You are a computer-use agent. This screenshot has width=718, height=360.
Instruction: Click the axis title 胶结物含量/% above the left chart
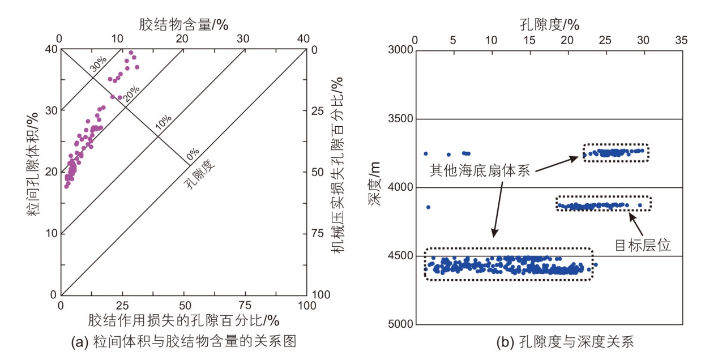(183, 24)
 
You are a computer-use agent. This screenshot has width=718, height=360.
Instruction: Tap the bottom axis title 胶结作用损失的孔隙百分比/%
(183, 320)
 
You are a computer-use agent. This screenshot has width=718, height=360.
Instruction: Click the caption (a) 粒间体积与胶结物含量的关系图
(185, 341)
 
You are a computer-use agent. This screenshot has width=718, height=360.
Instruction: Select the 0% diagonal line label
(193, 153)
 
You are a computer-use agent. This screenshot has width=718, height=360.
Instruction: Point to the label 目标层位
(643, 245)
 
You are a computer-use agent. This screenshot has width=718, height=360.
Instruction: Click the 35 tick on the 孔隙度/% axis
(681, 41)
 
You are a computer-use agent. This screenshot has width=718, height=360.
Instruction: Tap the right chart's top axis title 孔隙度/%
(549, 24)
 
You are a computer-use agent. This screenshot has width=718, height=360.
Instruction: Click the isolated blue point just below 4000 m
(428, 207)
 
